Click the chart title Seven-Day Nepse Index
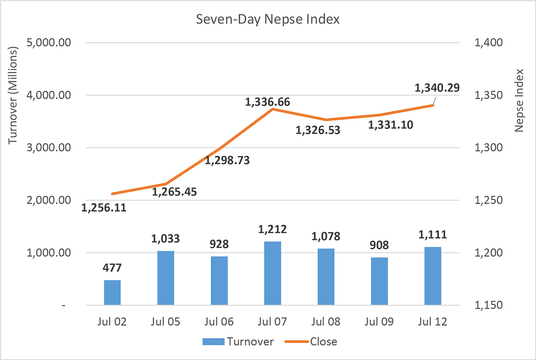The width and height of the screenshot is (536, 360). pyautogui.click(x=268, y=19)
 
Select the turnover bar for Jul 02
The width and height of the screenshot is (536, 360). pyautogui.click(x=112, y=293)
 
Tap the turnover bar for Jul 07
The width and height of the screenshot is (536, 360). pyautogui.click(x=273, y=273)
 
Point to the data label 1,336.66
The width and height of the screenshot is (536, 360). pyautogui.click(x=268, y=102)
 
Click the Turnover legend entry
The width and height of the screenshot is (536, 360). pyautogui.click(x=238, y=342)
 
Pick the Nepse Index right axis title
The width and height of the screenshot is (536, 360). pyautogui.click(x=519, y=100)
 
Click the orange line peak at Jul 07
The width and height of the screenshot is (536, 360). pyautogui.click(x=273, y=109)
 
